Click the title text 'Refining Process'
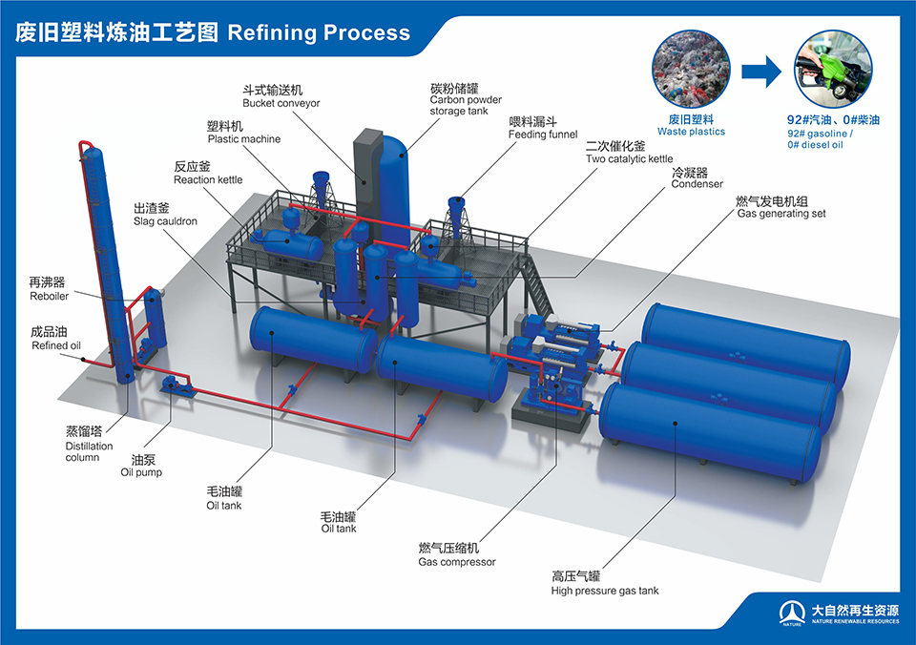pos(319,32)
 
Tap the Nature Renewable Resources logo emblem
pos(792,614)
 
